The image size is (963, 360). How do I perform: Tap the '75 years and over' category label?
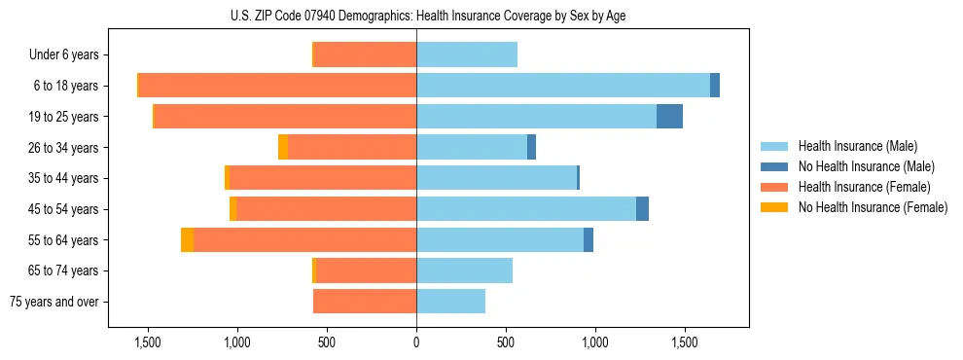click(x=54, y=302)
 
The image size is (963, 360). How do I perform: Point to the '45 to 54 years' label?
click(x=64, y=209)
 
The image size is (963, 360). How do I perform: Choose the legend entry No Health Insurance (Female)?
click(x=873, y=207)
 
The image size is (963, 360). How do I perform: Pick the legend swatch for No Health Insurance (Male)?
click(x=775, y=166)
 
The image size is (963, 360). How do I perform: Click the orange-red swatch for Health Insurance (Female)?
click(x=775, y=187)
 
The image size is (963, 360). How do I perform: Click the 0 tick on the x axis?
click(x=416, y=342)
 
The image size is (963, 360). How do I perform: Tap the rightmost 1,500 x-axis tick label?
click(x=684, y=342)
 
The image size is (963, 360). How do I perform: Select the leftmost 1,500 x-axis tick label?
click(x=148, y=342)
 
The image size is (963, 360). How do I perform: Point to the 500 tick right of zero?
click(x=506, y=342)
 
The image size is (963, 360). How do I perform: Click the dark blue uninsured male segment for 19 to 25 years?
click(x=669, y=117)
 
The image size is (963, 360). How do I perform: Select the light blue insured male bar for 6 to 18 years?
click(x=562, y=86)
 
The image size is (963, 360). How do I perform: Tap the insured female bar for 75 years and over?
click(x=365, y=302)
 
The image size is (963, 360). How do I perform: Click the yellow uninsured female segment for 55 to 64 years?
click(x=187, y=240)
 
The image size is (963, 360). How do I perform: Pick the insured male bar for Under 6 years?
click(x=467, y=55)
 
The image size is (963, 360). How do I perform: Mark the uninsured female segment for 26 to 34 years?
click(x=283, y=147)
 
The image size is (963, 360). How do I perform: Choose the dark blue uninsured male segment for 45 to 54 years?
click(x=642, y=209)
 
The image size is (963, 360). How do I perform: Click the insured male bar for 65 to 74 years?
click(x=464, y=270)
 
